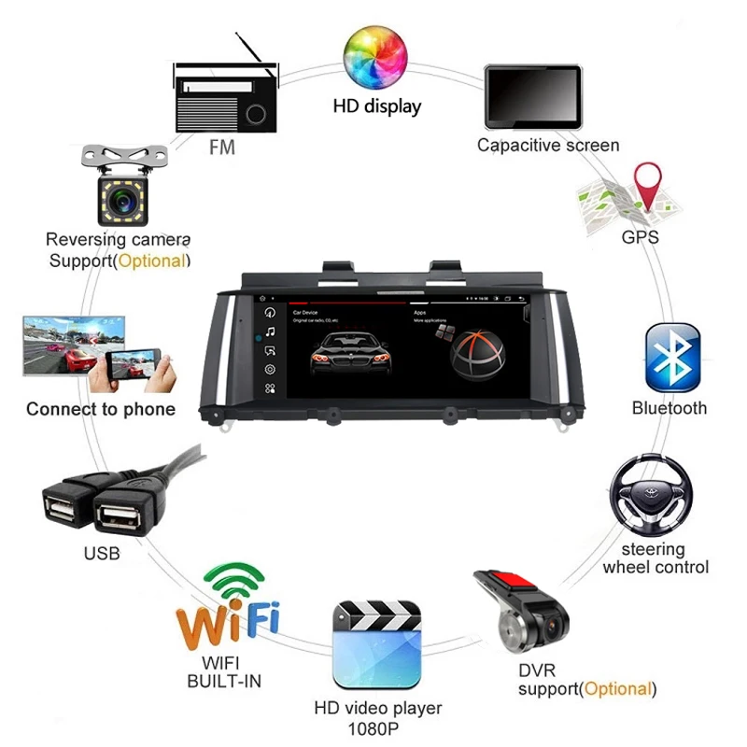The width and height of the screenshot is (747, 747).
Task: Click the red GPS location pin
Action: pos(647,185)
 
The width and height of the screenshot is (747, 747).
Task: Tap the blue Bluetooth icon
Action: pos(672,358)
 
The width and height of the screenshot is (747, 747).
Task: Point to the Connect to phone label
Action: pos(100,409)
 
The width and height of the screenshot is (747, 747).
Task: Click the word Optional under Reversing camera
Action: pos(151,261)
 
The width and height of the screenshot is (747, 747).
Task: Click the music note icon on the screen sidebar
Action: pos(270,331)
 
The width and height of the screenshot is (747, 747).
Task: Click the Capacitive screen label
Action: pos(547,145)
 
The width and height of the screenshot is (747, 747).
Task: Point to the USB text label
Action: pos(102,554)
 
